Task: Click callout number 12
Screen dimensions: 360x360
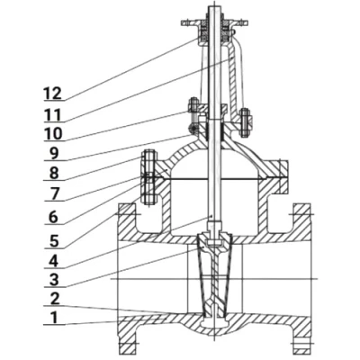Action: (x=52, y=94)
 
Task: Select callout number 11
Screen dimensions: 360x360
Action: (x=53, y=115)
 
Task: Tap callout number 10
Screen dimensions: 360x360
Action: (x=53, y=134)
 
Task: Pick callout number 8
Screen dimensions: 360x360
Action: (x=54, y=173)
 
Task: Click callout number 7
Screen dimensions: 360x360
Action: (x=54, y=193)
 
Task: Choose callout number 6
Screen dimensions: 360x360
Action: (x=53, y=217)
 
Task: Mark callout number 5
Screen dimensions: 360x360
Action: (x=54, y=241)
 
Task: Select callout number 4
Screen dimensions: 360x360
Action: (x=53, y=261)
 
